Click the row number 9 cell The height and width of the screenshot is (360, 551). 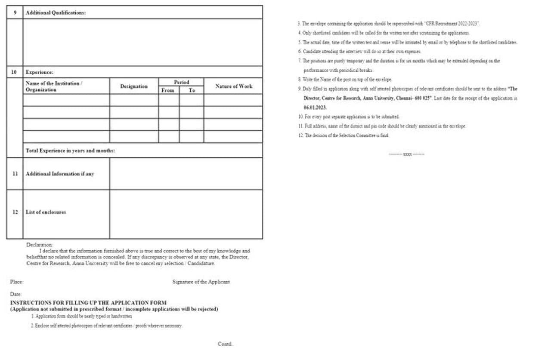15,12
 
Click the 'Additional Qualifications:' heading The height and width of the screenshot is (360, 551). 56,12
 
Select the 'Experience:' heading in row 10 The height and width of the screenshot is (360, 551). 39,72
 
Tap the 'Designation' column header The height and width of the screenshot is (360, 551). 134,86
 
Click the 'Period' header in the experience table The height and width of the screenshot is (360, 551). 181,82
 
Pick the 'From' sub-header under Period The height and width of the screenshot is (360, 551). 168,90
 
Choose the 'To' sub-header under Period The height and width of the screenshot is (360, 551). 192,90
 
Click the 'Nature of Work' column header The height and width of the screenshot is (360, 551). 234,86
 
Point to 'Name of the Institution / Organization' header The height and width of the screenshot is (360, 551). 54,86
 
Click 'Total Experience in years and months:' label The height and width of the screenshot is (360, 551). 70,151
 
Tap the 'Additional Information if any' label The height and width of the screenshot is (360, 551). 60,174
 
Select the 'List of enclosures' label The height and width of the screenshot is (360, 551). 46,212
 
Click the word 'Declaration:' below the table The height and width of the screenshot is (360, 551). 40,244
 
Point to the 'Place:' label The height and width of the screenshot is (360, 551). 16,282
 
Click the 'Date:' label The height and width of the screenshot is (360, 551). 15,294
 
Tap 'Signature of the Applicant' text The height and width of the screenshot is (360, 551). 201,282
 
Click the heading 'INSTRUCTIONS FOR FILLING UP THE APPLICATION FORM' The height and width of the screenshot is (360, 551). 88,303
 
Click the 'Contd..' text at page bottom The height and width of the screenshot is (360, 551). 226,344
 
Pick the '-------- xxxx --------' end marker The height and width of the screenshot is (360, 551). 406,154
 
